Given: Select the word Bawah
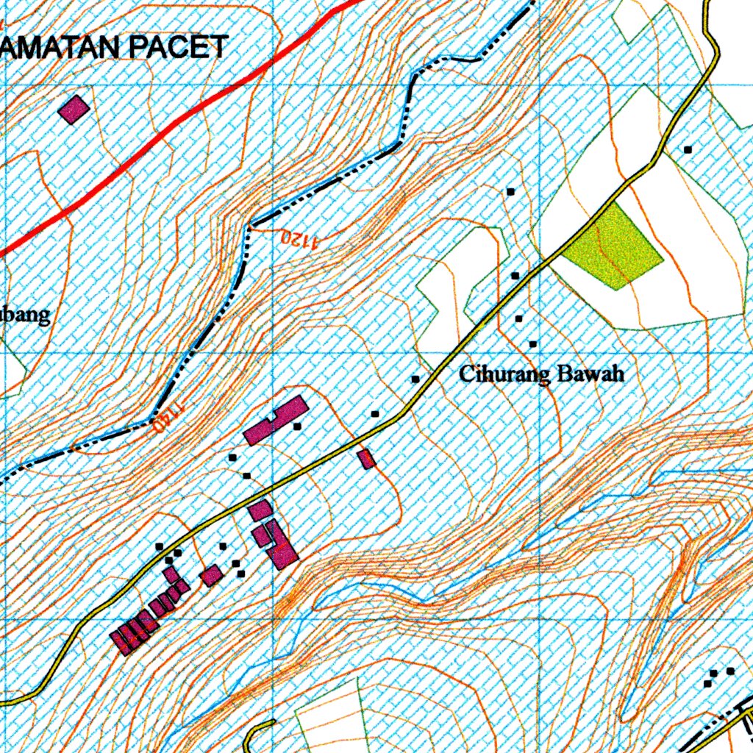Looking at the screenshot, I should tap(591, 374).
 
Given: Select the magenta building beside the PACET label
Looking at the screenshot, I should tap(74, 109).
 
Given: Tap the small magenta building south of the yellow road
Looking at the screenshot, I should tap(366, 459).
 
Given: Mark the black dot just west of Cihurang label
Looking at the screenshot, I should tap(415, 379).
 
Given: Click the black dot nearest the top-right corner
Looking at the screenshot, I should tap(688, 149).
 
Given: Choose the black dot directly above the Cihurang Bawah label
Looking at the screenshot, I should tap(532, 343).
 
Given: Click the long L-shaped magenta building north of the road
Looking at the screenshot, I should tap(275, 421).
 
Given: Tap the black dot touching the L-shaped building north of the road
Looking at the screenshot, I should tap(297, 426).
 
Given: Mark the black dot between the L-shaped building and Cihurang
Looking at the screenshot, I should tap(375, 414).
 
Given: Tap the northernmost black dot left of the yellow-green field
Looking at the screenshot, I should tap(510, 191).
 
